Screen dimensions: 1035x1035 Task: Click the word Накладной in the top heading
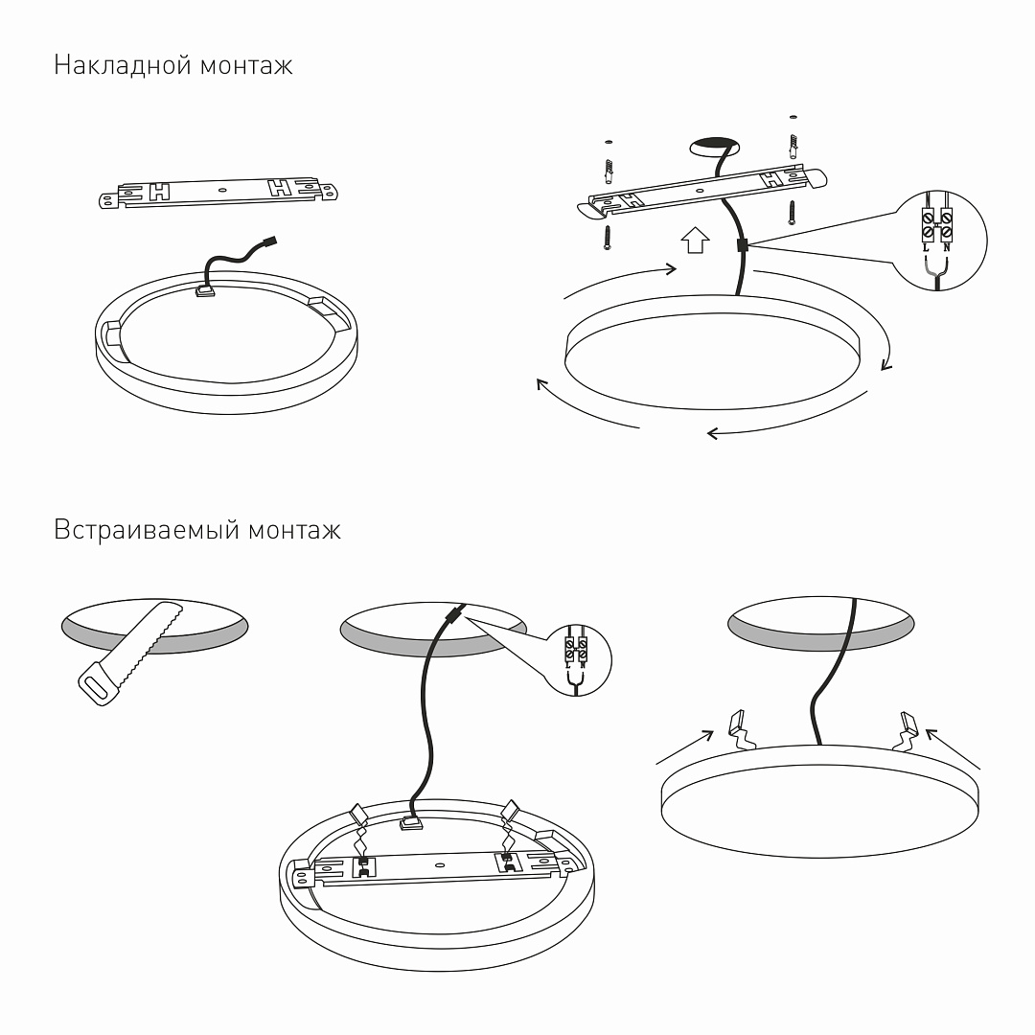(x=123, y=65)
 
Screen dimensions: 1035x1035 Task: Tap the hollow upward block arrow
(x=695, y=241)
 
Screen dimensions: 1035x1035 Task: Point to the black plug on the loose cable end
(x=269, y=241)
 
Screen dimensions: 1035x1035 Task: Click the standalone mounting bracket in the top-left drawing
(x=218, y=192)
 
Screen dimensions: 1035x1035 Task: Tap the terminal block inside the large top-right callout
(x=936, y=224)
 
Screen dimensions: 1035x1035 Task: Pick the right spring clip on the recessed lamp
(x=906, y=731)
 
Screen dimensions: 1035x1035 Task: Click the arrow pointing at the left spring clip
(x=684, y=747)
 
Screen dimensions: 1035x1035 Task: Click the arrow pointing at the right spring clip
(x=954, y=748)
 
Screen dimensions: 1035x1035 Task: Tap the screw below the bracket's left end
(x=608, y=238)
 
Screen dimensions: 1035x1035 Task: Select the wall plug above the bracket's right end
(x=793, y=146)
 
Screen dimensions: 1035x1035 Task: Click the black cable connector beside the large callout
(x=742, y=245)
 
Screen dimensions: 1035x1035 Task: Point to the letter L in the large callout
(x=926, y=248)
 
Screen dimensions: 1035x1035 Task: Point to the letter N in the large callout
(x=947, y=248)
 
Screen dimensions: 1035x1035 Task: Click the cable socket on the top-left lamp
(x=205, y=289)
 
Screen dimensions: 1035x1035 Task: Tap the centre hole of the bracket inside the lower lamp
(x=440, y=864)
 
